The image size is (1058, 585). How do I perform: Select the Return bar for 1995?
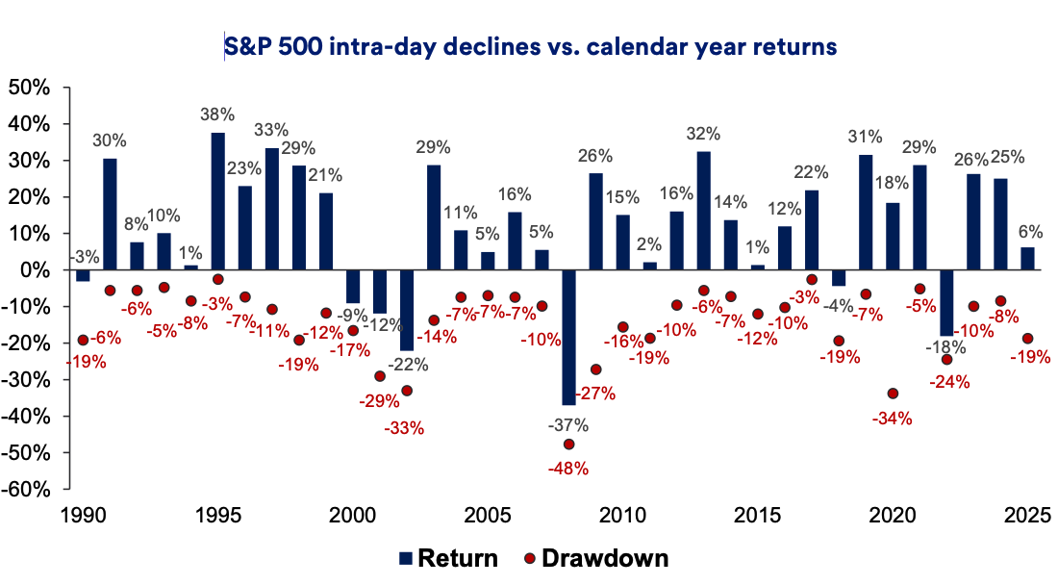point(218,201)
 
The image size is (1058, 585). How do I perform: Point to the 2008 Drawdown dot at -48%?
point(568,445)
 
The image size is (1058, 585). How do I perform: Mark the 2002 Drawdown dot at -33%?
point(407,391)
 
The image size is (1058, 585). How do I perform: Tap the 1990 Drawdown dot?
point(83,340)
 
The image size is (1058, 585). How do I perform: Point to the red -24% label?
point(949,382)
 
